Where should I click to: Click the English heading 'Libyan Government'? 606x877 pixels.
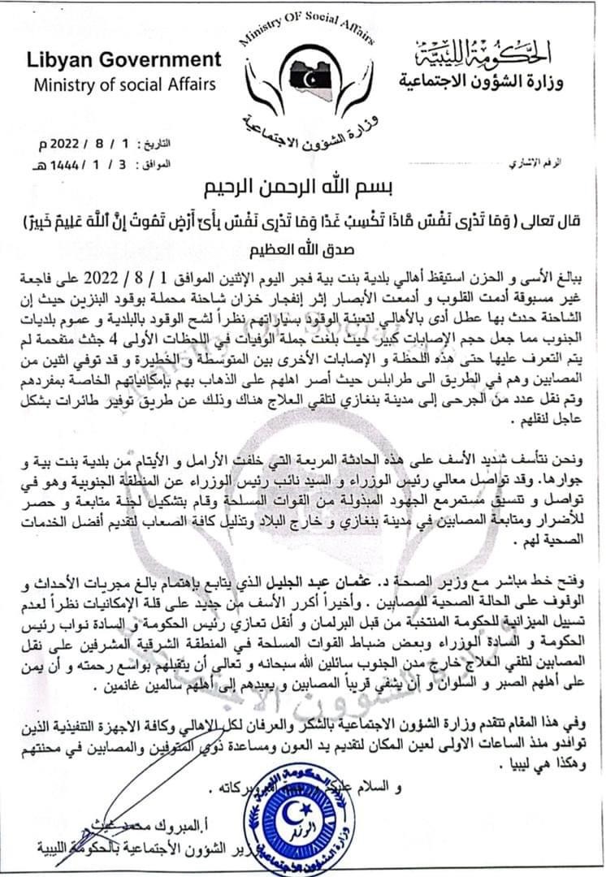click(123, 59)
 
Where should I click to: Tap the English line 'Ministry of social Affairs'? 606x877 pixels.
click(124, 84)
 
